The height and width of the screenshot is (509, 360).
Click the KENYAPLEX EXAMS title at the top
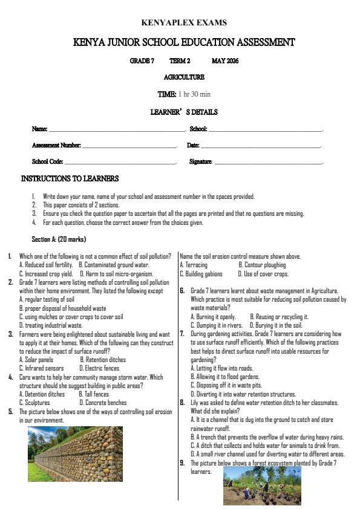[184, 23]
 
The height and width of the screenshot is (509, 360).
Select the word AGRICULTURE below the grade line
[184, 77]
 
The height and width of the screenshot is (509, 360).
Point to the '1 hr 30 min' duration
[194, 94]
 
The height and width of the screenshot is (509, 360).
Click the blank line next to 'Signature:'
[269, 162]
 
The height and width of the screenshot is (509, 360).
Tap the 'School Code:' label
[47, 162]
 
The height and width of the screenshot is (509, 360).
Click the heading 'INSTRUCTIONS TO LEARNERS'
[70, 179]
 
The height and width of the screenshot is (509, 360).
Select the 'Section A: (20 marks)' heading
[59, 239]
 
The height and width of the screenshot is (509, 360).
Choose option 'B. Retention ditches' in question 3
[103, 360]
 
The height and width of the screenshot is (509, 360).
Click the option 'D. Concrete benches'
[103, 402]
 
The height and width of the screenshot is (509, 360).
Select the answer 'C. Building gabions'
[203, 274]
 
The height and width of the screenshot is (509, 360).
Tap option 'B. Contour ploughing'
[262, 265]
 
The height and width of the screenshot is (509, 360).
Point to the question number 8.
[182, 402]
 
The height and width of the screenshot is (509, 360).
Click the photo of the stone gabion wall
[75, 453]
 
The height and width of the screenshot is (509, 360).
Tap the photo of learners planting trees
[261, 485]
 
